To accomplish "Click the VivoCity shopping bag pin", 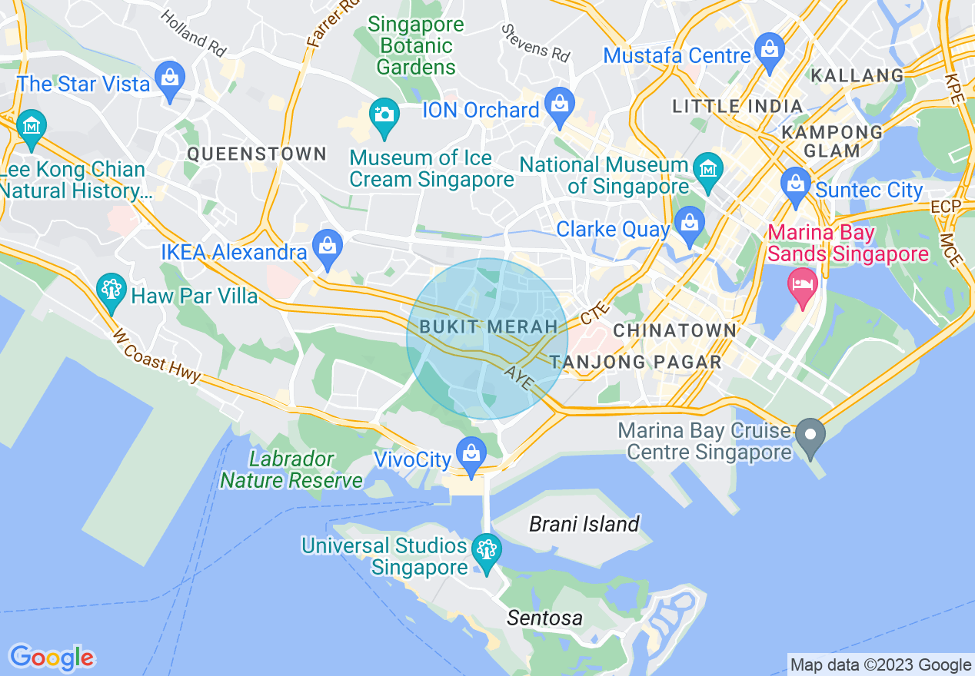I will pyautogui.click(x=471, y=453).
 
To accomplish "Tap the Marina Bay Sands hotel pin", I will pyautogui.click(x=802, y=286).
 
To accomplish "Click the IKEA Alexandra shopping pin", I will pyautogui.click(x=328, y=247).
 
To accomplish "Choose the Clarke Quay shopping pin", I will pyautogui.click(x=689, y=224).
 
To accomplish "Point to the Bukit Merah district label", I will pyautogui.click(x=488, y=327).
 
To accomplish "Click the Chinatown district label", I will pyautogui.click(x=674, y=331).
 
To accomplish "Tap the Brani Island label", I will pyautogui.click(x=584, y=525).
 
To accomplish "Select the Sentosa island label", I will pyautogui.click(x=544, y=618).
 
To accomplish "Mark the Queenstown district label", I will pyautogui.click(x=257, y=154).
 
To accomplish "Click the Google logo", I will pyautogui.click(x=52, y=658).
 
